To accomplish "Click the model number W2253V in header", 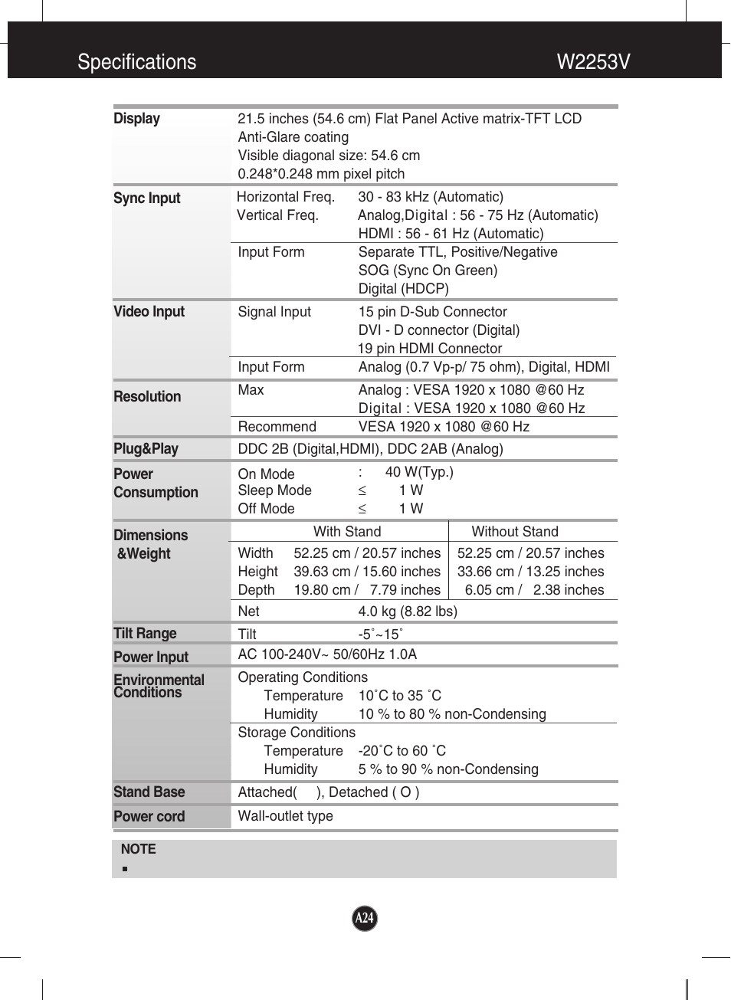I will [x=593, y=62].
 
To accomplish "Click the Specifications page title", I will [x=137, y=62].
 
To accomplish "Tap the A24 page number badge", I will [x=365, y=918].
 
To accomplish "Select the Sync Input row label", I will [x=147, y=198].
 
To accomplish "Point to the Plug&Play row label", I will [x=146, y=449].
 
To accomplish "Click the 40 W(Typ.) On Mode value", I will [x=419, y=472].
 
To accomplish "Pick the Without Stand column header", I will [x=515, y=532].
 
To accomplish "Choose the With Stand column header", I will [x=347, y=532].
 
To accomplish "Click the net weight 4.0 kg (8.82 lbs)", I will [x=408, y=611].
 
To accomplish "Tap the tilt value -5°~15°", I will [x=380, y=634].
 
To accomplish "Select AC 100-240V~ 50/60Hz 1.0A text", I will [x=327, y=654].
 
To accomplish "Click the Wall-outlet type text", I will [x=285, y=816].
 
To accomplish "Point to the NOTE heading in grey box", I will [x=138, y=849].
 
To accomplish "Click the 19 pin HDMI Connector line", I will [x=430, y=349].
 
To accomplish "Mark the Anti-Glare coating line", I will [x=293, y=137].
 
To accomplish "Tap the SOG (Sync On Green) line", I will [x=428, y=270].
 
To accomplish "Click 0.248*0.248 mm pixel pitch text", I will [x=321, y=174].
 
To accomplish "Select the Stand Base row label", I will [x=149, y=792].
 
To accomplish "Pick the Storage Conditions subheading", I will [x=297, y=733].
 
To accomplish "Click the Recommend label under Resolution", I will [x=277, y=427].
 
